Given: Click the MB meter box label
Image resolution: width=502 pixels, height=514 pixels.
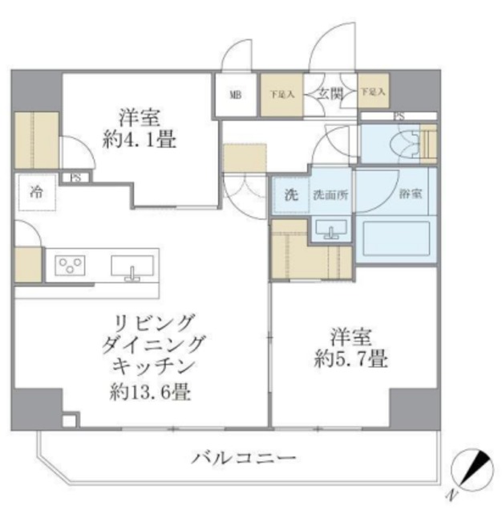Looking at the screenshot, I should coord(236,95).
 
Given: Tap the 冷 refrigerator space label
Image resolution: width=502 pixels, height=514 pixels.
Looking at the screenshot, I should coord(37,193).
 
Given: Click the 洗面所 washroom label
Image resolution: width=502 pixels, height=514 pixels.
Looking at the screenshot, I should coord(329,194).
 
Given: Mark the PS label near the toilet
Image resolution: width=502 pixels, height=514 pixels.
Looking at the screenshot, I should coord(399,116).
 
